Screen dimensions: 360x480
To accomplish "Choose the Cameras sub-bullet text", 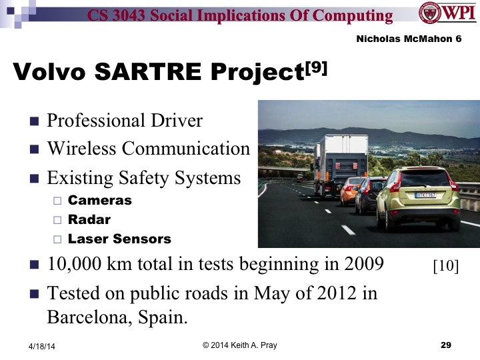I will (100, 200).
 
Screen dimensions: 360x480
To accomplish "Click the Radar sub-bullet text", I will (89, 219).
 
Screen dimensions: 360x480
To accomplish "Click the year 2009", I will (363, 265).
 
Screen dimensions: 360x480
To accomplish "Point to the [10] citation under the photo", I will (445, 267).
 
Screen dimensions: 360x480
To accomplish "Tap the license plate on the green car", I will (427, 195).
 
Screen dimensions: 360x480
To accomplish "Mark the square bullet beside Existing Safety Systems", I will (35, 179).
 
